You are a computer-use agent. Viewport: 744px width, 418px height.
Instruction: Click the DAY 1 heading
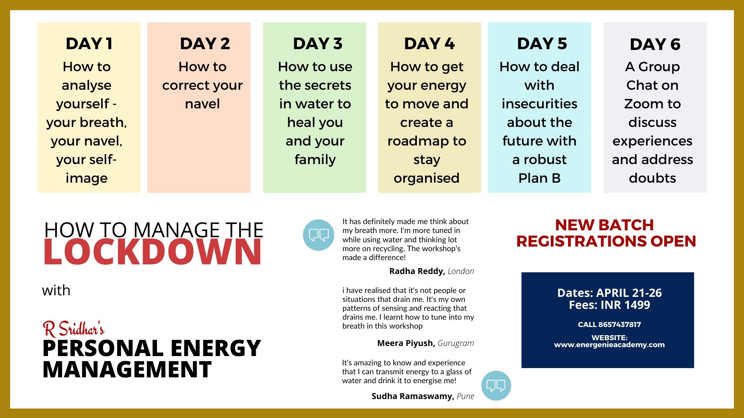pyautogui.click(x=89, y=43)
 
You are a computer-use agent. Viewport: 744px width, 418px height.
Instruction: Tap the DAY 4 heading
pyautogui.click(x=429, y=43)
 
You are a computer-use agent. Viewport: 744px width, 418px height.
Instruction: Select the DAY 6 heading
pyautogui.click(x=655, y=44)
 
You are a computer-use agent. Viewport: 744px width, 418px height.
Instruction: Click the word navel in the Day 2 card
pyautogui.click(x=202, y=104)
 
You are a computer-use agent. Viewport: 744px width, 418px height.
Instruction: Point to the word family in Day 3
pyautogui.click(x=315, y=159)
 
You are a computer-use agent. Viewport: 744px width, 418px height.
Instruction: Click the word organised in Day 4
pyautogui.click(x=426, y=178)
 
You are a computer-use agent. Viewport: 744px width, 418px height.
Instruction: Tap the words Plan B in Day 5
pyautogui.click(x=539, y=178)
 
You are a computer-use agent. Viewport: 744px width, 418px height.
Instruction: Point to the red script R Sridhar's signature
pyautogui.click(x=74, y=329)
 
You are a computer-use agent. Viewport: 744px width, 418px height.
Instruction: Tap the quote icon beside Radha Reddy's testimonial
pyautogui.click(x=319, y=235)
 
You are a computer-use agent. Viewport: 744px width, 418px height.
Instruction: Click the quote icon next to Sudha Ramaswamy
pyautogui.click(x=496, y=385)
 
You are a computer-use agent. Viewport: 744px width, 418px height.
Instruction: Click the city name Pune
pyautogui.click(x=465, y=396)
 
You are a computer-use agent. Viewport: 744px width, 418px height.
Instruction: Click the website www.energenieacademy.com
pyautogui.click(x=609, y=344)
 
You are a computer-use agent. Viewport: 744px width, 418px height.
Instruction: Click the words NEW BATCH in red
pyautogui.click(x=604, y=225)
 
